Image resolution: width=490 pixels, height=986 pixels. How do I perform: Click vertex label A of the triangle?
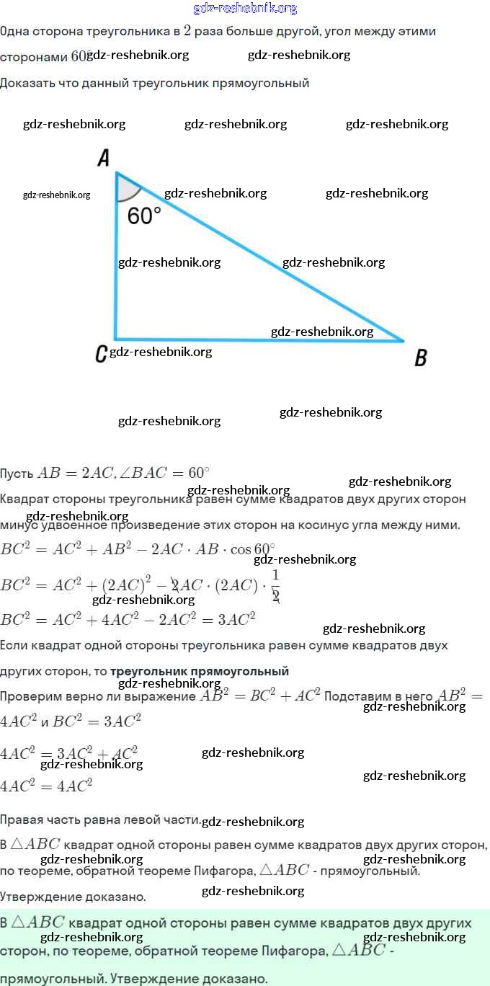(x=104, y=159)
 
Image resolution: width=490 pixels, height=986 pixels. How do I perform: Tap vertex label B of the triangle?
(x=421, y=357)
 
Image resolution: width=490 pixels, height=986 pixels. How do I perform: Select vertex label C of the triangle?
(x=102, y=353)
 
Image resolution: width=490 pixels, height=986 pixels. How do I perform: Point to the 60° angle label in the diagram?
(x=144, y=216)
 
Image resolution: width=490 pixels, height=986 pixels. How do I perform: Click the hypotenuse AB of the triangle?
(x=259, y=256)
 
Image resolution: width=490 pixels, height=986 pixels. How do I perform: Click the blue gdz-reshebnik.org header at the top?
(x=245, y=9)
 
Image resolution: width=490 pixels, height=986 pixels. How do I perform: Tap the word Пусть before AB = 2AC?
(x=17, y=474)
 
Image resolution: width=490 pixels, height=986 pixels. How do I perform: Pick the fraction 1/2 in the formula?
(x=275, y=585)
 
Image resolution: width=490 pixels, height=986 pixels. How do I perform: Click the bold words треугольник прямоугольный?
(x=200, y=671)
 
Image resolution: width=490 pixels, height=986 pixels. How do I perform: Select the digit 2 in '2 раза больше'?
(x=187, y=31)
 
